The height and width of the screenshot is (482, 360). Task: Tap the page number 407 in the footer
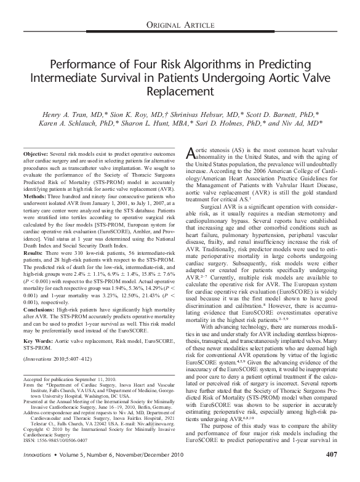331,472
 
